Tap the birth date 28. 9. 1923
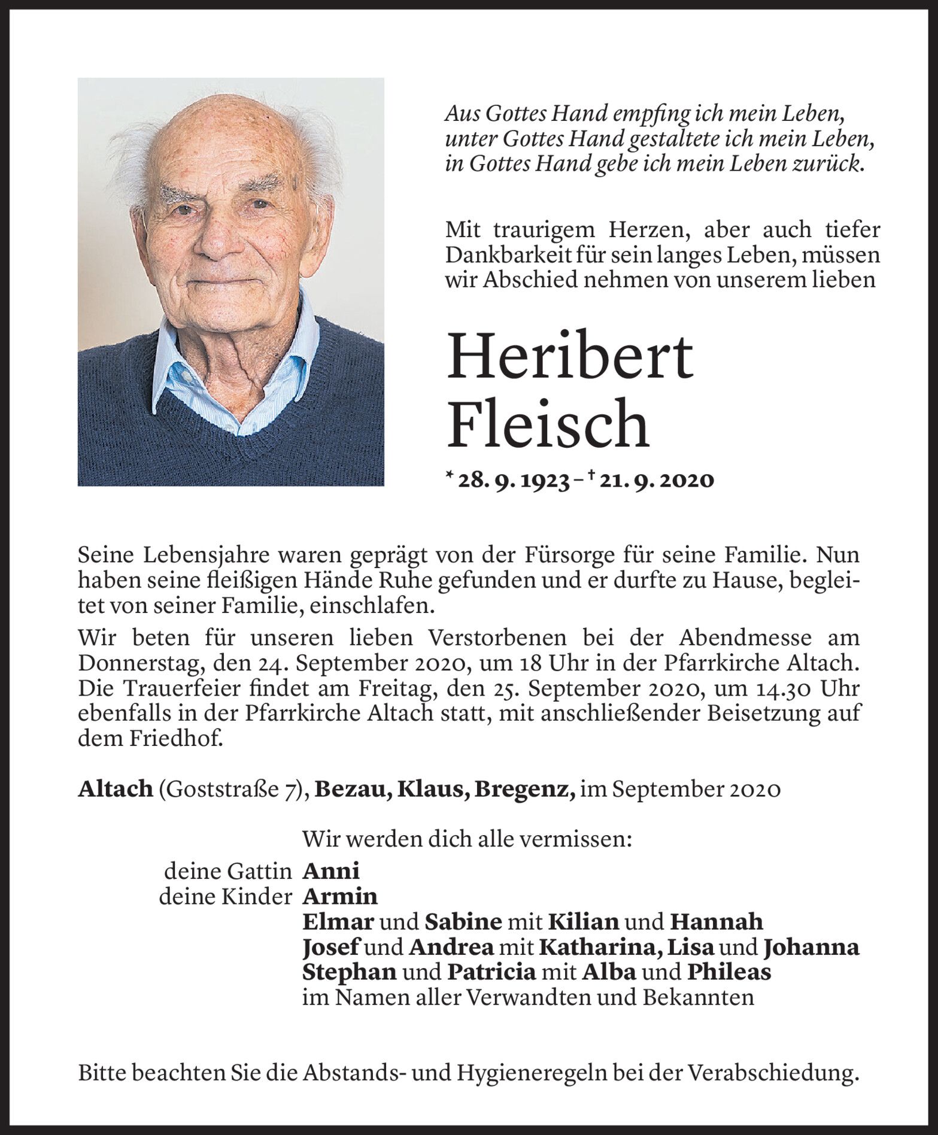coord(512,481)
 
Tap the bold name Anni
coord(330,870)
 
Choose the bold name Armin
coord(340,896)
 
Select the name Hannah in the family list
coord(716,922)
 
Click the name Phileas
coord(728,973)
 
